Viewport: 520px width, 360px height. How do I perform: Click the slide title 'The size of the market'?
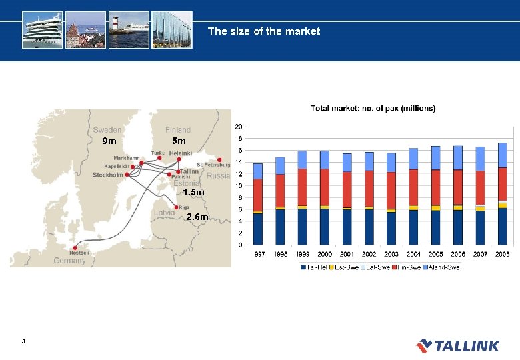tap(263, 31)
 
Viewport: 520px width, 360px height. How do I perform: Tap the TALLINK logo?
tap(458, 345)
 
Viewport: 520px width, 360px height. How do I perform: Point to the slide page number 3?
tap(23, 342)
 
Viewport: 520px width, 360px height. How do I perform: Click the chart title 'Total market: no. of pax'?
tap(373, 108)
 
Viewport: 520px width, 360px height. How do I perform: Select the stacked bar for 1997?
tap(257, 204)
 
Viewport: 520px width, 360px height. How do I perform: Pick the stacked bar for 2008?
tap(502, 194)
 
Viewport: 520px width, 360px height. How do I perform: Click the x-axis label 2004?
tap(413, 255)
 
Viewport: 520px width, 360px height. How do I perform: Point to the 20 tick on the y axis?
tap(239, 127)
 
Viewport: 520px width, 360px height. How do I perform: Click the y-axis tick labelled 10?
tap(239, 186)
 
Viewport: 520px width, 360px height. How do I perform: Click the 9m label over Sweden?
tap(109, 141)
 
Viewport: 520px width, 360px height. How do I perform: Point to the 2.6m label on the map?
tap(198, 217)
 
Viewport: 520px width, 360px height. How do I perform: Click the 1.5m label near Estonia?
tap(193, 193)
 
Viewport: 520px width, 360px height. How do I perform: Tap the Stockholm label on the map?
tap(107, 175)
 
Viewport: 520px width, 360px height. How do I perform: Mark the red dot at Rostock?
tap(75, 247)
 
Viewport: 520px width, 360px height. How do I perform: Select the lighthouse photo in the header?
tap(128, 29)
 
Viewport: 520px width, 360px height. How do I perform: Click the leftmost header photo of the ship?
tap(42, 29)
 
